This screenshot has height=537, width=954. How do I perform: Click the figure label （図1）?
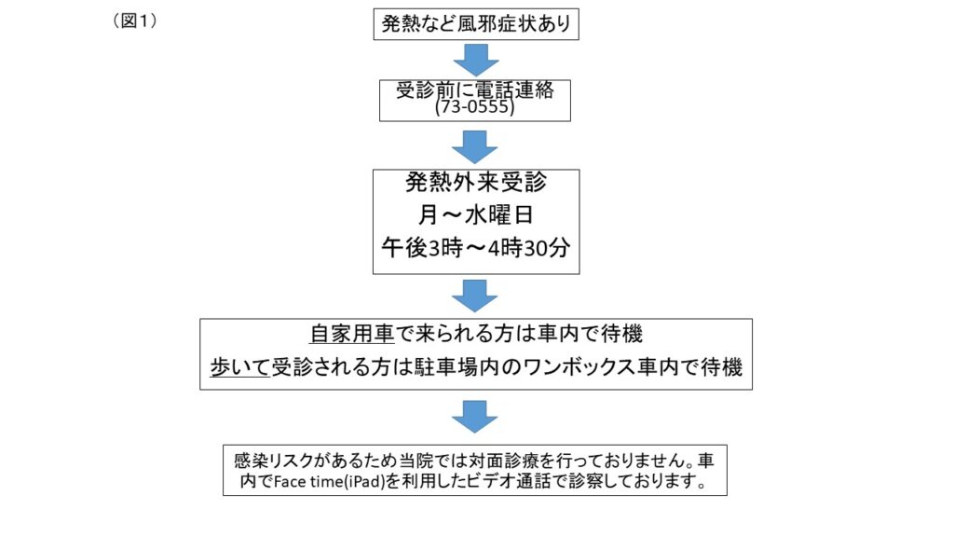[x=135, y=21]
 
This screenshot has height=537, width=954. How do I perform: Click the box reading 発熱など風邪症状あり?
[x=476, y=24]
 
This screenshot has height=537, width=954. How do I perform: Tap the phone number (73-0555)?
[x=475, y=107]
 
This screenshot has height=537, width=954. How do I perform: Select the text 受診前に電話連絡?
[x=475, y=90]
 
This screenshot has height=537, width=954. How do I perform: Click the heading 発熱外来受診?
[x=476, y=182]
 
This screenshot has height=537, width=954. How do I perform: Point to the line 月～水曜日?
[x=476, y=215]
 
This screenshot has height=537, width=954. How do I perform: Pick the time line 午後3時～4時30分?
[x=476, y=248]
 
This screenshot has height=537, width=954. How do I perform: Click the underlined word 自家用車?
[x=352, y=334]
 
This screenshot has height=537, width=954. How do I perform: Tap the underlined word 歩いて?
[x=239, y=367]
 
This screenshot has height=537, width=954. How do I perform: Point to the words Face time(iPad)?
[x=329, y=482]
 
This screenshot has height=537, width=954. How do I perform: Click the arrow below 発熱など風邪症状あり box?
[x=476, y=60]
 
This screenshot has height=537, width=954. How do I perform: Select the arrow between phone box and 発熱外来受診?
[x=475, y=146]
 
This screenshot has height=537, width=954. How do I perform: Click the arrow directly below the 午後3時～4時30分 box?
[x=474, y=296]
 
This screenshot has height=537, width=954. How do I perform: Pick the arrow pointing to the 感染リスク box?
[x=474, y=417]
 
